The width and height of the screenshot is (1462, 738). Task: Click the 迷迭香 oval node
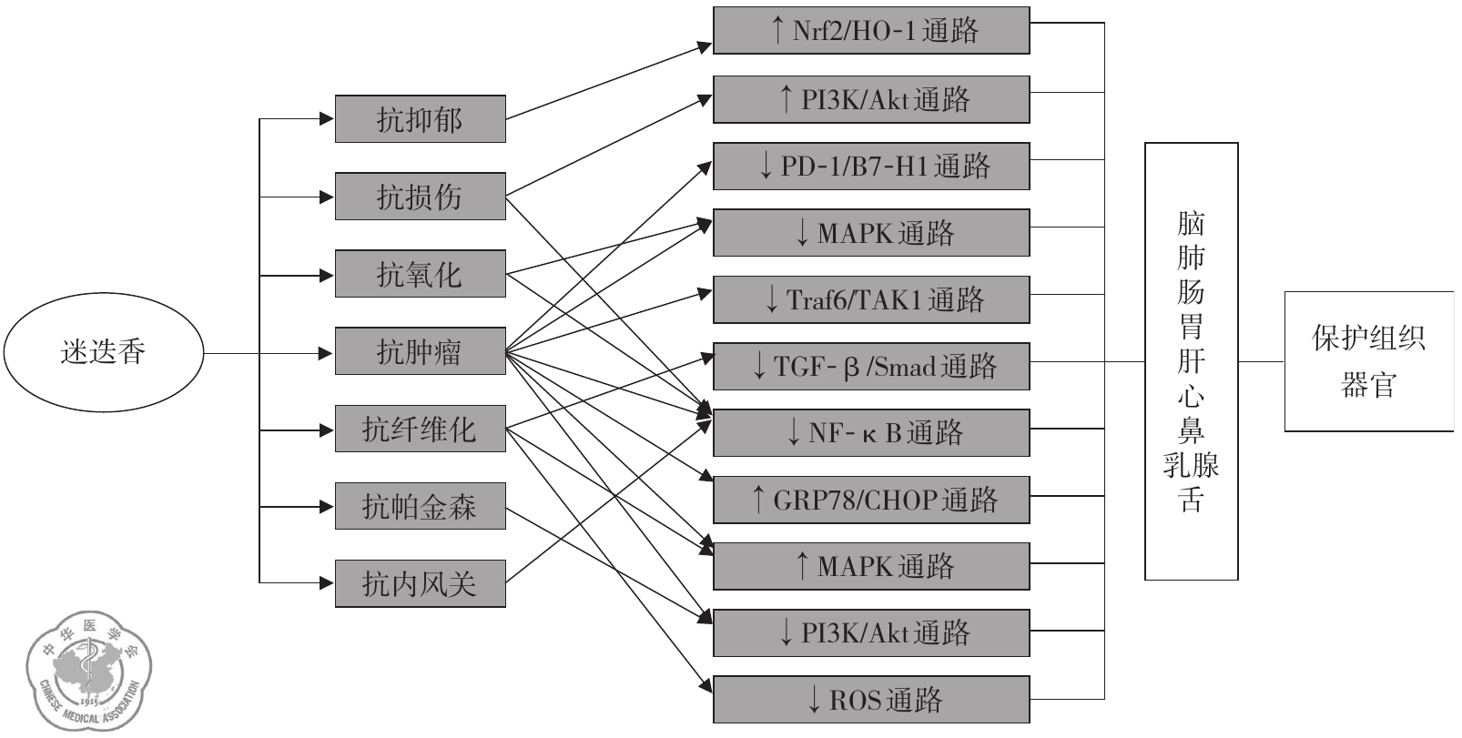click(x=102, y=352)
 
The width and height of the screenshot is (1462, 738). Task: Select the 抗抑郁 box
click(x=420, y=119)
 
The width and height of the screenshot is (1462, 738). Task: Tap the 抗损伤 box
click(x=420, y=197)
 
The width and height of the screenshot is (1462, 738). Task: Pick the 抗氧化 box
click(x=420, y=274)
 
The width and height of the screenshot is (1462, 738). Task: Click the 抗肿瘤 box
click(x=420, y=351)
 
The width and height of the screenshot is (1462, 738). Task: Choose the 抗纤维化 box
click(x=420, y=429)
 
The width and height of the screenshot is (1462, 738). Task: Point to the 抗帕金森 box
click(x=420, y=506)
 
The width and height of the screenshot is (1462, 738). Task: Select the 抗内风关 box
click(x=420, y=583)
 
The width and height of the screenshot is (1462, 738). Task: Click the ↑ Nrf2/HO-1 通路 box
click(x=871, y=31)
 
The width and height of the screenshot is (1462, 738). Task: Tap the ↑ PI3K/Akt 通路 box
click(x=871, y=99)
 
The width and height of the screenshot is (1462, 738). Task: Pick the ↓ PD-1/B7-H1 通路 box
click(x=871, y=166)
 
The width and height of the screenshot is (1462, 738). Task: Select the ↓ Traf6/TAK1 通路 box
click(x=871, y=299)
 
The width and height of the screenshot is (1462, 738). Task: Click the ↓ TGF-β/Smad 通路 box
click(x=871, y=366)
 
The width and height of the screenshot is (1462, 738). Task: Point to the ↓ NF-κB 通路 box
click(x=871, y=432)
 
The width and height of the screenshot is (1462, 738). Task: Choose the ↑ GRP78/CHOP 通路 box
click(x=871, y=500)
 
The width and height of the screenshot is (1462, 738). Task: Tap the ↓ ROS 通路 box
click(x=871, y=700)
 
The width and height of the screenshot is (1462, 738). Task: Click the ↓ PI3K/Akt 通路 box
click(x=871, y=632)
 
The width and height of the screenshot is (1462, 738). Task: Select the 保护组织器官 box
click(x=1368, y=361)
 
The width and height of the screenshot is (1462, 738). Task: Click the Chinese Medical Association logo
click(x=88, y=673)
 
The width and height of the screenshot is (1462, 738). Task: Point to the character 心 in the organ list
click(x=1191, y=397)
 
